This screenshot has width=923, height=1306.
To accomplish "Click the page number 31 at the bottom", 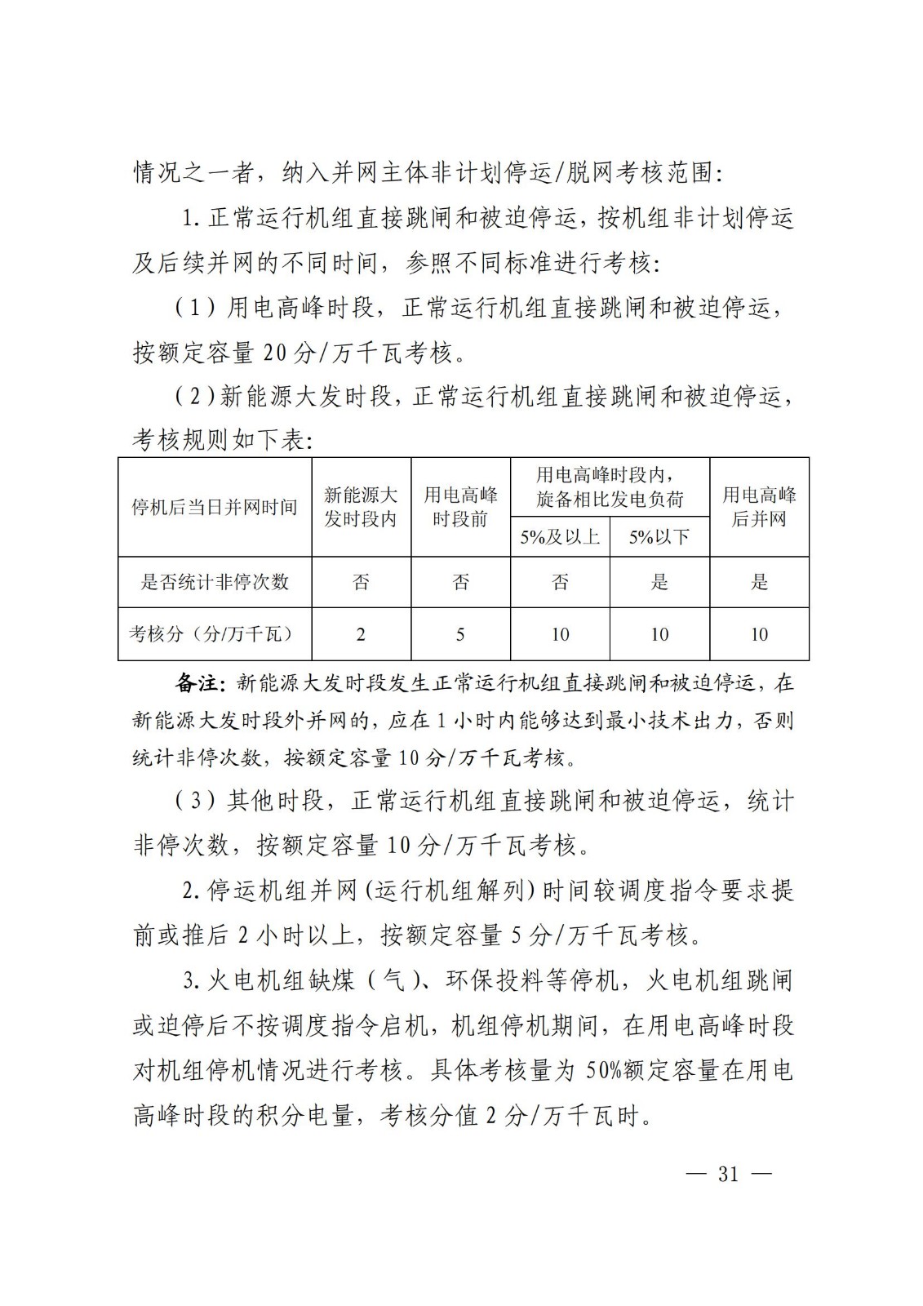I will click(728, 1174).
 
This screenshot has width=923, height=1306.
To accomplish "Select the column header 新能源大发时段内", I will click(361, 507).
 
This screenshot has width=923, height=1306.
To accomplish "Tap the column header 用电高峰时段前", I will click(460, 507).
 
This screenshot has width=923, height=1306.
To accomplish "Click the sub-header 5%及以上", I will click(560, 537).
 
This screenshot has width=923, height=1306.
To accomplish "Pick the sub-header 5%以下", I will click(659, 537).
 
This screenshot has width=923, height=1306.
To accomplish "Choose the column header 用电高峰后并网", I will click(759, 507).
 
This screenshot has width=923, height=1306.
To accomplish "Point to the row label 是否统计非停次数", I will click(215, 582).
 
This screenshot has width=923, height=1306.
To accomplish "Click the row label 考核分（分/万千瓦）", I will click(215, 633).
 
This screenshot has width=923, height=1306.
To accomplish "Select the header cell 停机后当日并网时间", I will click(215, 507).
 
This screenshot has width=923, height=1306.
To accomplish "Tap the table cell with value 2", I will click(361, 634).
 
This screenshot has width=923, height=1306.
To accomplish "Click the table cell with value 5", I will click(460, 634).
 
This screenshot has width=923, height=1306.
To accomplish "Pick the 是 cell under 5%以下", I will click(659, 582).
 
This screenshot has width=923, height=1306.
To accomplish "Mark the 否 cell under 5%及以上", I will click(560, 582).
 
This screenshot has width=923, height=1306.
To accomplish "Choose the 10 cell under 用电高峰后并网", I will click(759, 634).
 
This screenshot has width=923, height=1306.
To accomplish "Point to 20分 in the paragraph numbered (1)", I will click(285, 353).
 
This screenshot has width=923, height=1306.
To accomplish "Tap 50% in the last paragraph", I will click(603, 1070).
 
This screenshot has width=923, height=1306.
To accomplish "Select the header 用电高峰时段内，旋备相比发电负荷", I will click(610, 486).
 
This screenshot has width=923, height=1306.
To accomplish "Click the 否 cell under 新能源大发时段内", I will click(361, 582).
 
